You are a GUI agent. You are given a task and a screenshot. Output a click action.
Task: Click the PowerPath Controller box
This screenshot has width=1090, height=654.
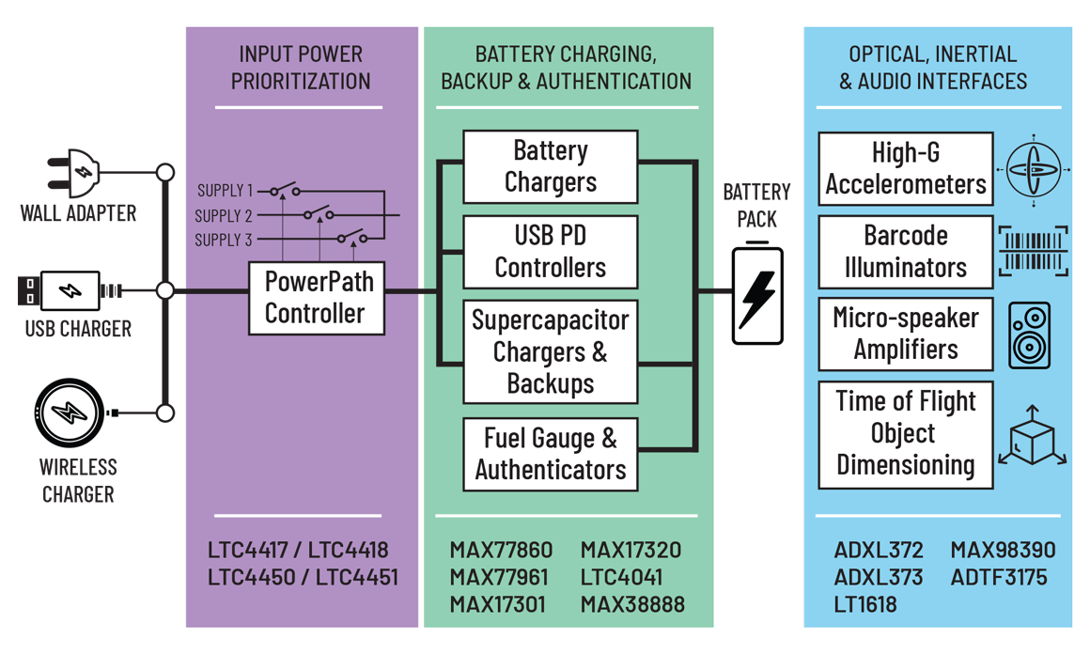[x=317, y=298]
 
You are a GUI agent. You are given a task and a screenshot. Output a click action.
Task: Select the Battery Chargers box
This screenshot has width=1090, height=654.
[x=550, y=166]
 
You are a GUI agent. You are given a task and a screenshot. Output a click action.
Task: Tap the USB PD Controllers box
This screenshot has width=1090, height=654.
[x=550, y=252]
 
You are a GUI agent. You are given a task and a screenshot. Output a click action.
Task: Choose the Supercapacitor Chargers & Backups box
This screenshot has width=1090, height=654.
[x=550, y=351]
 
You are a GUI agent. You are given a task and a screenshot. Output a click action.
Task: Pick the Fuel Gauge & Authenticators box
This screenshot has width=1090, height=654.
[x=550, y=454]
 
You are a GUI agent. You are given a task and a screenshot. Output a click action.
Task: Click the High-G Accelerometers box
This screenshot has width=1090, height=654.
[x=905, y=169]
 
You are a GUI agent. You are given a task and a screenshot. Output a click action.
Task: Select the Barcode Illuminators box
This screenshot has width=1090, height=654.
[x=905, y=252]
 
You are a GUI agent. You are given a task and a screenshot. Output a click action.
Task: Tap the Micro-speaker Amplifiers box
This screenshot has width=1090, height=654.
[x=905, y=334]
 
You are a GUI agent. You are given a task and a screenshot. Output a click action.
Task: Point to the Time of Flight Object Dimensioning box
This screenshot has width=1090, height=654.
[x=905, y=433]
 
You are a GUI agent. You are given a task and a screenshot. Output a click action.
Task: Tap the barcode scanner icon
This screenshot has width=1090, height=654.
[x=1033, y=251]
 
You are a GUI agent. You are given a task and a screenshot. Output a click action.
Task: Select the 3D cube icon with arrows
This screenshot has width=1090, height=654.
[x=1032, y=438]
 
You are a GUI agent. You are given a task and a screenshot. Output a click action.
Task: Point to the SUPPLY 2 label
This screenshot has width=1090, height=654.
[x=224, y=216]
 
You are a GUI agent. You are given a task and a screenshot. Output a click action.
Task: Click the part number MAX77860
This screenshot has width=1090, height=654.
[x=501, y=550]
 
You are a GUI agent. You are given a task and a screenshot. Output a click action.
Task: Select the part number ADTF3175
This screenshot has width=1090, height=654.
[x=999, y=577]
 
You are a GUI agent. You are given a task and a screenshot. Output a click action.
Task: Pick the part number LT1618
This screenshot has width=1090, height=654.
[x=865, y=604]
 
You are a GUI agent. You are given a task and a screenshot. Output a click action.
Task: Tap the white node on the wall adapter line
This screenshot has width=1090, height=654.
[x=165, y=173]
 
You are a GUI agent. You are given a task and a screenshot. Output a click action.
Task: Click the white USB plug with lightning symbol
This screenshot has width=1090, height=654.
[x=70, y=291]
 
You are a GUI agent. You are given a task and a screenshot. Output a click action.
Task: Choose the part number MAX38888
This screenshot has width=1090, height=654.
[x=632, y=604]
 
